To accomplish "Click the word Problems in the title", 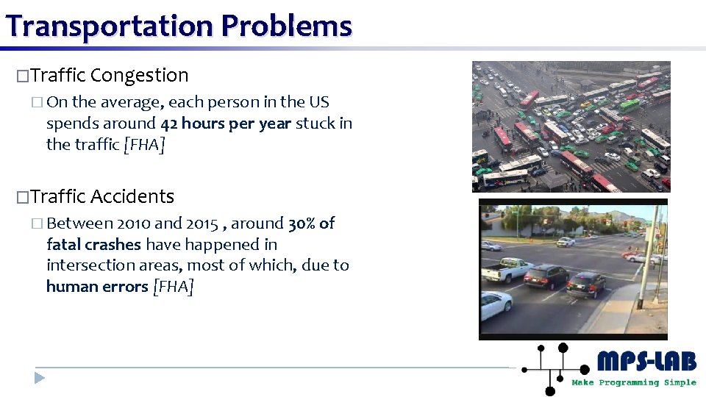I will coord(287,26).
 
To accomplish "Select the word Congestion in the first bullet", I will coord(140,76).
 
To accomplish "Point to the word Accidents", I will coord(132,197).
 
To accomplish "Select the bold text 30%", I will coord(302,223).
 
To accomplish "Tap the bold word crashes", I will coord(115,245).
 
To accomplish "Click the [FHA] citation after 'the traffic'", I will coord(144,145).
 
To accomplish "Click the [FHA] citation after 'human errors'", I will coord(173,287).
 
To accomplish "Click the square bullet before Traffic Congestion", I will coord(22,76).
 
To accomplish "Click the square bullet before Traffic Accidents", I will coord(22,198).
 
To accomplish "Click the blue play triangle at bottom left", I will coord(40,379).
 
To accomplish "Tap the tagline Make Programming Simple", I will coord(633,382).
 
